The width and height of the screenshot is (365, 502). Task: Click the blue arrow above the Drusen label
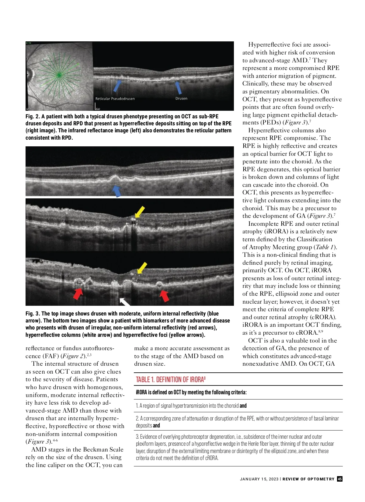(x=179, y=87)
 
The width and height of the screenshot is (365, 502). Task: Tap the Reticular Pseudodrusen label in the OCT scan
(x=115, y=99)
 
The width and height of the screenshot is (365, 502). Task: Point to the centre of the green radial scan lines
(x=60, y=74)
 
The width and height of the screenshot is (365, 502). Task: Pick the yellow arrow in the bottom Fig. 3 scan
(x=141, y=268)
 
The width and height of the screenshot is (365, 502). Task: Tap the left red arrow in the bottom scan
(x=78, y=293)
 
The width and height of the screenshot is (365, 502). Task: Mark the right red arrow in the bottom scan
(x=164, y=295)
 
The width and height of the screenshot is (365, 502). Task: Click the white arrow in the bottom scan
(x=125, y=302)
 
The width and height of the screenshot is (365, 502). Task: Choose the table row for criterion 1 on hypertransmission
(x=191, y=406)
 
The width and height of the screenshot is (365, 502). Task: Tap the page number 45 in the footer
(x=340, y=479)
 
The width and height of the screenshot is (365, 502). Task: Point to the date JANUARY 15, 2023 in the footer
(x=259, y=479)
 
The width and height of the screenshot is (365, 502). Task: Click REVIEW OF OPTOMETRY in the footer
(x=308, y=479)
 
